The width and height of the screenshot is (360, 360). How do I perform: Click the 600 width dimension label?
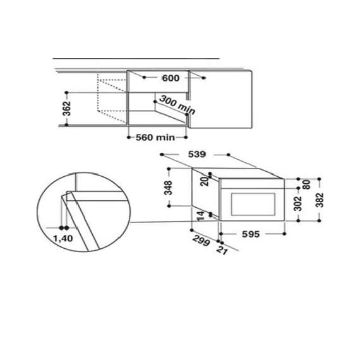coord(171,78)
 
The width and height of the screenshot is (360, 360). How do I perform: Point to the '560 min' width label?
coord(155,137)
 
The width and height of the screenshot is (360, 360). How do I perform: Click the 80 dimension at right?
coord(305,185)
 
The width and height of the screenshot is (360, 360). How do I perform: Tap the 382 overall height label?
coord(320,200)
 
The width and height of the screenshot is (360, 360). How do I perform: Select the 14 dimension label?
coord(201,217)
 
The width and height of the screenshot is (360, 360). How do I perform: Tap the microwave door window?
coord(255,204)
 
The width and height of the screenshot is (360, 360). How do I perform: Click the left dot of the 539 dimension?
coord(162,154)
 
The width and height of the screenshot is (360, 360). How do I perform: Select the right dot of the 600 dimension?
coord(204,78)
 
